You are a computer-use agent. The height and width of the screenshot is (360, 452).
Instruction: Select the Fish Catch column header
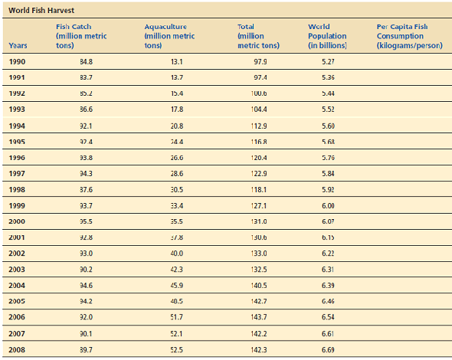coord(81,36)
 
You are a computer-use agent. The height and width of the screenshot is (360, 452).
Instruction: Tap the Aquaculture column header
coord(169,36)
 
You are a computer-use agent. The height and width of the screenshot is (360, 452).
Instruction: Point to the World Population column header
coord(327,36)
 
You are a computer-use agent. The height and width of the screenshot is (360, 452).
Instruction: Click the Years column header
coord(18,46)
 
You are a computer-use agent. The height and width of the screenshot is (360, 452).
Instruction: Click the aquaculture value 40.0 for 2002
coord(177,253)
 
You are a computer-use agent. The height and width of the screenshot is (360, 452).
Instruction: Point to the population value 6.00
coord(327,205)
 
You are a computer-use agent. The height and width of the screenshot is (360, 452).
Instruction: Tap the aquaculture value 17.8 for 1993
coord(177,110)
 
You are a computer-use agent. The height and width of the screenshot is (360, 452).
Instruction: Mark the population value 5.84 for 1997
coord(327,173)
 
